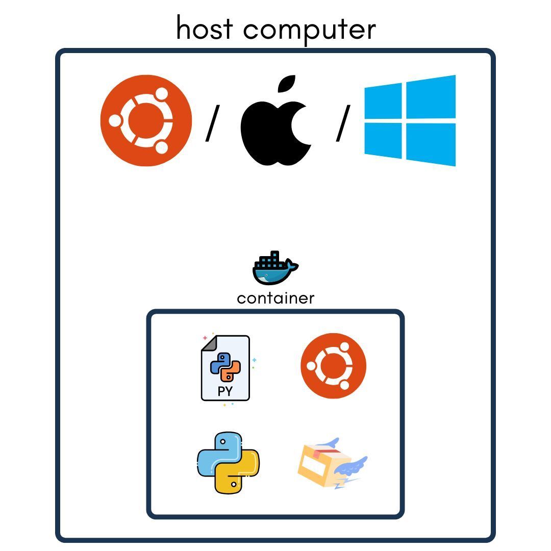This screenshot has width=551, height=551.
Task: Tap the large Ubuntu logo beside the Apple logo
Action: pyautogui.click(x=146, y=120)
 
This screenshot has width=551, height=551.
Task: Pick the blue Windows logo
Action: pyautogui.click(x=410, y=120)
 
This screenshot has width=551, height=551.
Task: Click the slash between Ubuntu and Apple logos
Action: pyautogui.click(x=212, y=123)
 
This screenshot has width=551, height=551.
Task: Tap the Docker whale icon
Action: pyautogui.click(x=275, y=269)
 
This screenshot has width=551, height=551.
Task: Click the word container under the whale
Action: pyautogui.click(x=275, y=298)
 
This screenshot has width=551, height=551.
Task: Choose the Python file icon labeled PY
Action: pyautogui.click(x=225, y=367)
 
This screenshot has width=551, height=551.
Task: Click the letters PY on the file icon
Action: pyautogui.click(x=225, y=391)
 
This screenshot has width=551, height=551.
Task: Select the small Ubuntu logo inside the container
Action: pyautogui.click(x=333, y=366)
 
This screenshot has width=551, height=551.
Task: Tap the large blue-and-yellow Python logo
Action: pyautogui.click(x=228, y=463)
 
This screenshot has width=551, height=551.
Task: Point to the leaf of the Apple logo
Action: pyautogui.click(x=287, y=86)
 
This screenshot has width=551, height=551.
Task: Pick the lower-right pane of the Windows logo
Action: pyautogui.click(x=431, y=144)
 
